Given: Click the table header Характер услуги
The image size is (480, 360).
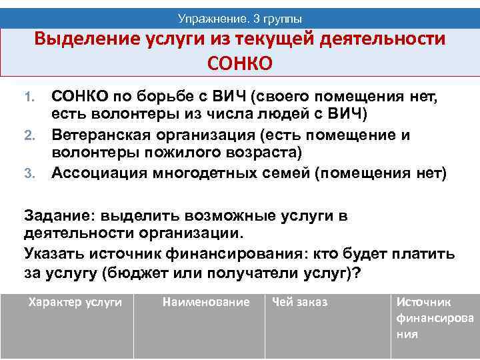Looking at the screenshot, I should tap(75, 303).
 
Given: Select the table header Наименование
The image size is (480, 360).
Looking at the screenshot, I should tap(206, 303).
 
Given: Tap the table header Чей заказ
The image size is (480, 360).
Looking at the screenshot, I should tap(299, 303).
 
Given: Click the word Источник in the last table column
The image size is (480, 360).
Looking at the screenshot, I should tap(423, 303).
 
